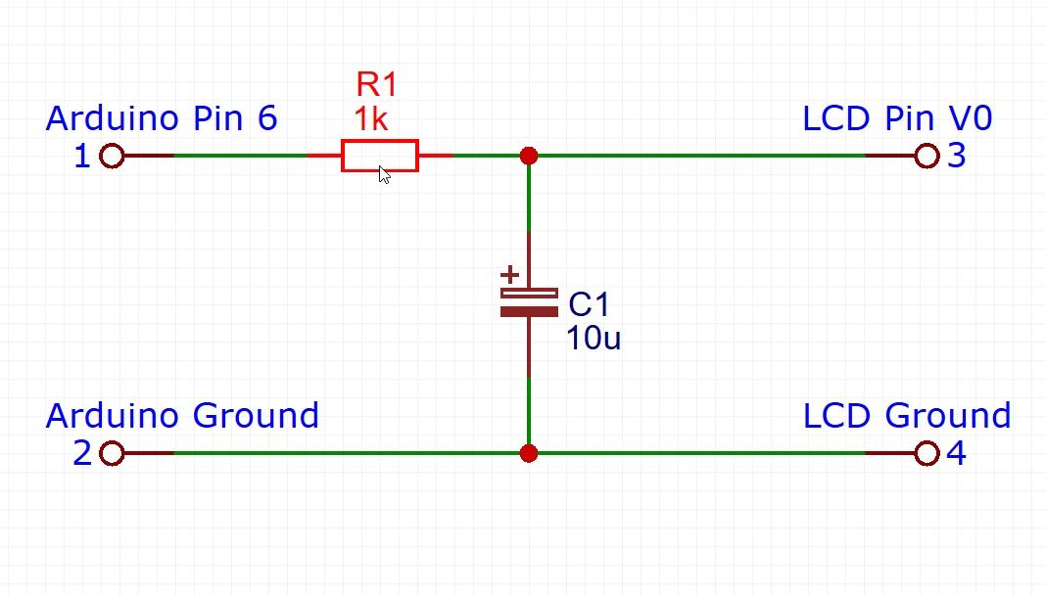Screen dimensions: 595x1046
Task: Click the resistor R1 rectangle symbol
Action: click(x=380, y=156)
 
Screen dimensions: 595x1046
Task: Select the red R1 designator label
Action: click(x=377, y=84)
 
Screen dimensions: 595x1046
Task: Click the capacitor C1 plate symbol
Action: click(x=529, y=302)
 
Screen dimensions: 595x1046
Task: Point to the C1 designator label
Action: click(x=590, y=304)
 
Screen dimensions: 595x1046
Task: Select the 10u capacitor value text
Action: click(x=594, y=339)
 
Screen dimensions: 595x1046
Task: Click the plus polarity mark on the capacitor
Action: click(x=509, y=275)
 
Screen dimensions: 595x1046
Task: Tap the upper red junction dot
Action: click(x=529, y=156)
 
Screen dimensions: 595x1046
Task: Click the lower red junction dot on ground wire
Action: click(x=529, y=453)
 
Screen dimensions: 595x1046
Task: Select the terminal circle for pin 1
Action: click(x=112, y=156)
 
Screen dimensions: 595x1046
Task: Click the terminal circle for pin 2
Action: click(x=112, y=453)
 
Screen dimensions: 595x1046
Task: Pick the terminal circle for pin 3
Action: click(x=927, y=156)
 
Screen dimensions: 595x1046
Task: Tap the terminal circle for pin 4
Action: click(x=927, y=453)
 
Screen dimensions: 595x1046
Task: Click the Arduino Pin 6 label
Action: click(x=162, y=118)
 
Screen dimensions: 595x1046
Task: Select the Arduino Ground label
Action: click(x=182, y=416)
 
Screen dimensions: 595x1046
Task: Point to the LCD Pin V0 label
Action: click(x=897, y=118)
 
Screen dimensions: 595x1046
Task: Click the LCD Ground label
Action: click(x=907, y=416)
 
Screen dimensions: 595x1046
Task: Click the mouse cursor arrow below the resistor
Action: click(x=385, y=175)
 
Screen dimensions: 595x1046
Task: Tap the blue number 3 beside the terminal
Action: click(x=957, y=157)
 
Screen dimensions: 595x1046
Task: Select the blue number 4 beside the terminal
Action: click(x=957, y=454)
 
